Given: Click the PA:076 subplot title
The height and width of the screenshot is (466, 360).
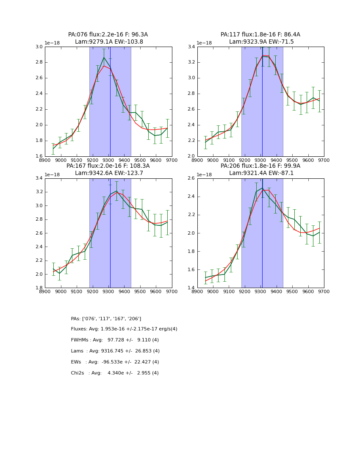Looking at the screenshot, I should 108,35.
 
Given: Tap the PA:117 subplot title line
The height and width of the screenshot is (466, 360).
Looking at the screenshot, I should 260,35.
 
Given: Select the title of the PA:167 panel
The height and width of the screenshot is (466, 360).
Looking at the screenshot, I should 108,166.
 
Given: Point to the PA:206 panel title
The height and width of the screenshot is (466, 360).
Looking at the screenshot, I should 260,166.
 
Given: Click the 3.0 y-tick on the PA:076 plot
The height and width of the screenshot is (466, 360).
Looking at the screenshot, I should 39,47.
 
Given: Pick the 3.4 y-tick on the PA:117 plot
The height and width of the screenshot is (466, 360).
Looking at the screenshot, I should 191,47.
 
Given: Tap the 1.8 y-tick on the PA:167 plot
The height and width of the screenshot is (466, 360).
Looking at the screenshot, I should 39,288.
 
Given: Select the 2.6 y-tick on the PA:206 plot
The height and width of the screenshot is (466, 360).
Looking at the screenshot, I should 191,178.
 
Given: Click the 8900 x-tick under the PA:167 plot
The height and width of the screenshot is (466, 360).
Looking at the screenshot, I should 45,292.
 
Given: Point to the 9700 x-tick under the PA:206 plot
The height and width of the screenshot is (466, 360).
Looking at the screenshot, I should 324,292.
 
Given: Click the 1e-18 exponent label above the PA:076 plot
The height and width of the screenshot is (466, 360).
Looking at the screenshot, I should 53,43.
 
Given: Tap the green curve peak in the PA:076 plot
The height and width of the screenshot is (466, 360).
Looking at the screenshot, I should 104,57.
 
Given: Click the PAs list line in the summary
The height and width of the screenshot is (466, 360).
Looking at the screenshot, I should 106,319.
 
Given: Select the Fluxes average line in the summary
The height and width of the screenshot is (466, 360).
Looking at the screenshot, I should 124,329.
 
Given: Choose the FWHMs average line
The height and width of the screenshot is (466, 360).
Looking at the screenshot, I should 115,340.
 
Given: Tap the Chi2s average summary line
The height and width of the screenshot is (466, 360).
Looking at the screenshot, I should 115,373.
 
